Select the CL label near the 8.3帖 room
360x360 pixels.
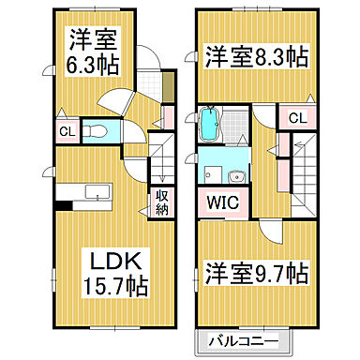295,118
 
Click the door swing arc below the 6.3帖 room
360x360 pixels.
117,100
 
